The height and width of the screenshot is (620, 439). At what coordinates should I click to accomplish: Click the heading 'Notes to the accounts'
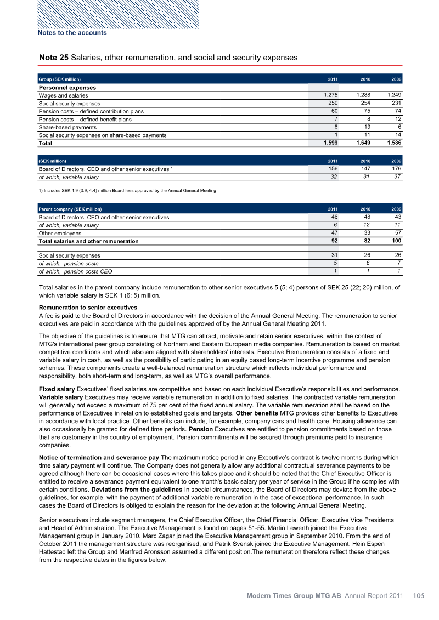pos(72,33)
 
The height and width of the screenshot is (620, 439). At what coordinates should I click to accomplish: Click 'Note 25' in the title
pos(54,58)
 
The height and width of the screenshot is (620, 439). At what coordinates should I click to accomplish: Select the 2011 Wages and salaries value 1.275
pos(331,95)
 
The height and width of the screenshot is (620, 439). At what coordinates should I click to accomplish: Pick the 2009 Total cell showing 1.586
pos(393,143)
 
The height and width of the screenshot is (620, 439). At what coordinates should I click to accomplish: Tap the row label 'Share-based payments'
pos(67,127)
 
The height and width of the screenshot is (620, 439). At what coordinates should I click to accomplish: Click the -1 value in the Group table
pos(334,135)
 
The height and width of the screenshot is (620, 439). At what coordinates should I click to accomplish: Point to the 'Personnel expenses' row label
pos(67,88)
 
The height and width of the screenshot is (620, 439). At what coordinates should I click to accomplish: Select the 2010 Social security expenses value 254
pos(363,103)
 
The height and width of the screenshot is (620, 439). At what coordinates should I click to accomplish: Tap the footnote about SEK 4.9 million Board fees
pos(127,191)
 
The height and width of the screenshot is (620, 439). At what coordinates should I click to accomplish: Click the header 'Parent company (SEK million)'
pos(70,209)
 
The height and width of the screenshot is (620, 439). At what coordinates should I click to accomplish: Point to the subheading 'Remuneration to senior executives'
pos(88,308)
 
